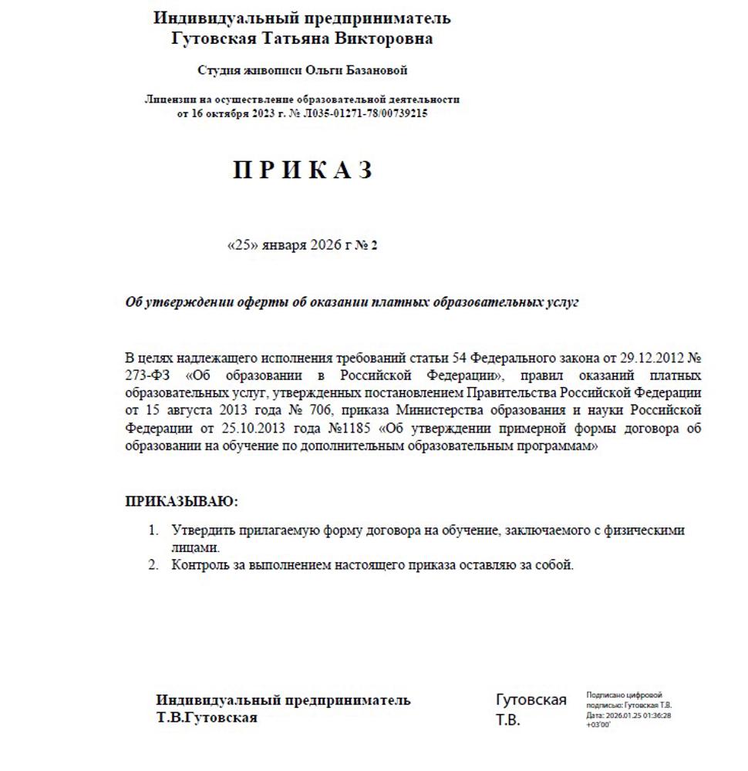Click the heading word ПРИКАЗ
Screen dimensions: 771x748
(302, 170)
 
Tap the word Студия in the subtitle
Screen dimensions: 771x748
(220, 70)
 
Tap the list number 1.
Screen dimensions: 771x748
(153, 530)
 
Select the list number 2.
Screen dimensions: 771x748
(153, 565)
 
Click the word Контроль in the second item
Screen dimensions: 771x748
(198, 565)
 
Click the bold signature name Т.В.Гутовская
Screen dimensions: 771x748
(207, 718)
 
